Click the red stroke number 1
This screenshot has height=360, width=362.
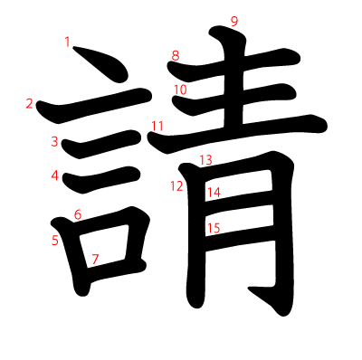point(67,42)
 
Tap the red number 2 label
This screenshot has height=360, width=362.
point(29,104)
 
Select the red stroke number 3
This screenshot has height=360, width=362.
point(54,141)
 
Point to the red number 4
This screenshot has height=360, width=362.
point(54,175)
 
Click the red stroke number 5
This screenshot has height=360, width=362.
point(54,241)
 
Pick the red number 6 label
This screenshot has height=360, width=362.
point(78,215)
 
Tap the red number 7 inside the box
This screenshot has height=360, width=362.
point(95,259)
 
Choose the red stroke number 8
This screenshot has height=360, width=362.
point(176,55)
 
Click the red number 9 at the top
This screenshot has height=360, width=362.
point(234,22)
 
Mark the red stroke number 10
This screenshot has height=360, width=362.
point(180,90)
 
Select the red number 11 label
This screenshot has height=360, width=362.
point(157,126)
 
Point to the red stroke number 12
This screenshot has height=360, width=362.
point(176,186)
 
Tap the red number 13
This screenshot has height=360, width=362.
point(206,160)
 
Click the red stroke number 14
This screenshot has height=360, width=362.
point(214,192)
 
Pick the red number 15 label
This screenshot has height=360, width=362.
point(214,228)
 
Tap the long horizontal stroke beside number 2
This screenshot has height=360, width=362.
point(93,106)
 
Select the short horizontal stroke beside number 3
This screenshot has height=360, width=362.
point(101,145)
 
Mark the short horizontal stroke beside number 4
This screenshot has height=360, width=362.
point(101,180)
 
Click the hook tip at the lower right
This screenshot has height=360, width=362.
point(249,289)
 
